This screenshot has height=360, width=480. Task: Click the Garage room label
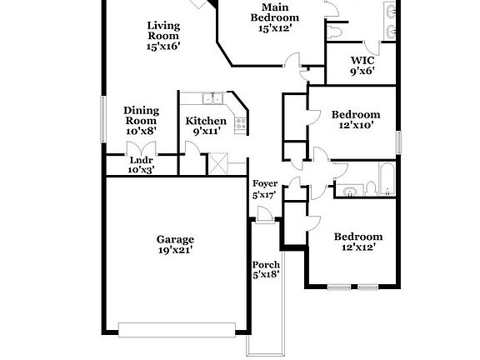[x=175, y=239]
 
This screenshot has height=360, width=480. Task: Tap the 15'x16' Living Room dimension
[x=162, y=46]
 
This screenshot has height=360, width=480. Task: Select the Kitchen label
[x=206, y=121]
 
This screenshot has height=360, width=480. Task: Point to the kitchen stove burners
[x=241, y=123]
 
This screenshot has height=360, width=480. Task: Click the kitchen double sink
[x=212, y=98]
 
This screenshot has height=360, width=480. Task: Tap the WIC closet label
[x=362, y=60]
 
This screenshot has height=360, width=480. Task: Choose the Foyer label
[x=265, y=183]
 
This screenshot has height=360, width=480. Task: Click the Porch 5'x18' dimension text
[x=267, y=275]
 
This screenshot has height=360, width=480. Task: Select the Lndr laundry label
[x=141, y=160]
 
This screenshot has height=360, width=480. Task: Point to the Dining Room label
[x=141, y=115]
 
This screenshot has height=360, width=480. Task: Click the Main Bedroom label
[x=275, y=12]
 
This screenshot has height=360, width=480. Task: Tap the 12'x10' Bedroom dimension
[x=356, y=125]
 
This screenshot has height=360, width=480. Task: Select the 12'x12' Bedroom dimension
[x=358, y=247]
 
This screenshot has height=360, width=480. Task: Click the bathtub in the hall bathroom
[x=387, y=179]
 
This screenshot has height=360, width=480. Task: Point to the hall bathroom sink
[x=350, y=192]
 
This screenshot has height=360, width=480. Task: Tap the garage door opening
[x=177, y=330]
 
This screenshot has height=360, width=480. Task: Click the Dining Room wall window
[x=103, y=119]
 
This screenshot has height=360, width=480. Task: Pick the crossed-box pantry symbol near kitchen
[x=218, y=164]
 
